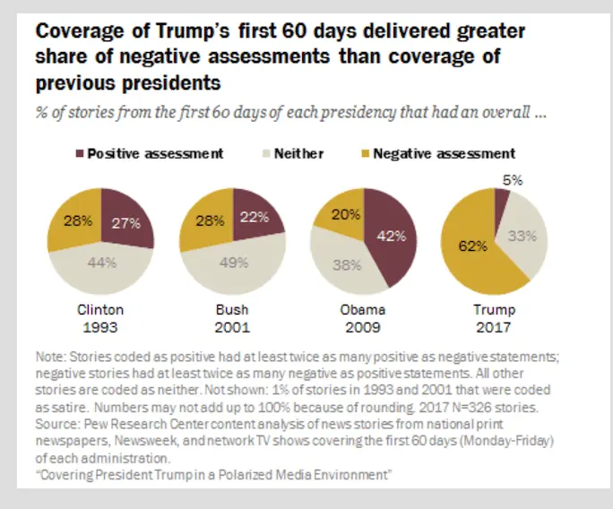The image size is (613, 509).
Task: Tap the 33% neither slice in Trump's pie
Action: click(x=527, y=237)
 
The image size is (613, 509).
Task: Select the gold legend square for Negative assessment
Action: click(x=363, y=154)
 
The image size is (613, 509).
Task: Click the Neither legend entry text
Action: click(x=298, y=154)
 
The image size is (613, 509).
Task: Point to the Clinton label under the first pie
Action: click(x=100, y=310)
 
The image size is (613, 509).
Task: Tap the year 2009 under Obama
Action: click(x=363, y=326)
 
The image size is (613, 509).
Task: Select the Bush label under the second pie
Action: click(x=232, y=310)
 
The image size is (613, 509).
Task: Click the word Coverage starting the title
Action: click(x=75, y=33)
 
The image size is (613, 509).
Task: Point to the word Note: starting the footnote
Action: click(x=52, y=357)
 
